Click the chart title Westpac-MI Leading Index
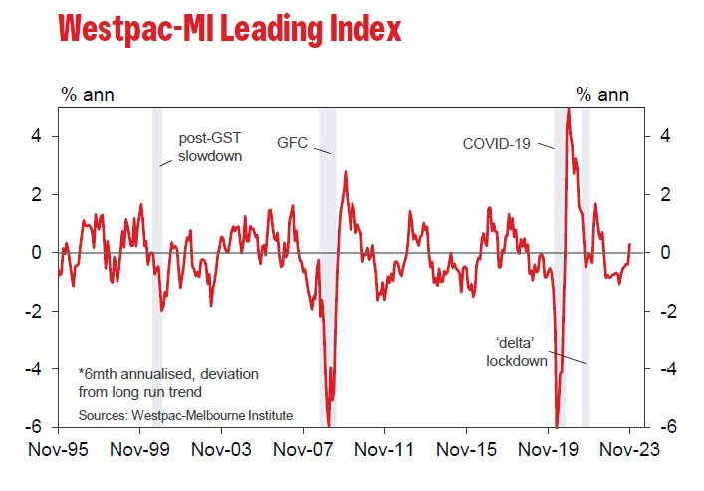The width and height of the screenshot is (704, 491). click(229, 29)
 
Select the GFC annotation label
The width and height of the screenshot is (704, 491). click(293, 143)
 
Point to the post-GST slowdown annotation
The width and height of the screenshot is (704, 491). click(210, 147)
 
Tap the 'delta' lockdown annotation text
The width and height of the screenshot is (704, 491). click(517, 352)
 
